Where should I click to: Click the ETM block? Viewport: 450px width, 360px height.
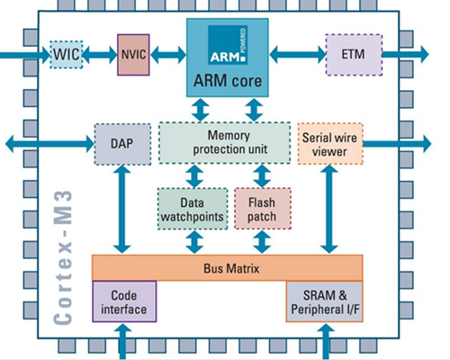point(354,55)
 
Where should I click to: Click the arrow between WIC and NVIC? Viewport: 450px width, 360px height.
point(100,55)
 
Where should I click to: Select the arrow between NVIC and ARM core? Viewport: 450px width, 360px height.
point(171,55)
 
